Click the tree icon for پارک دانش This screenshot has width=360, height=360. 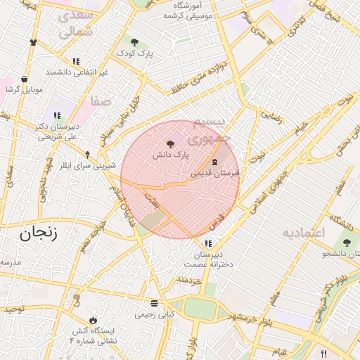(170, 143)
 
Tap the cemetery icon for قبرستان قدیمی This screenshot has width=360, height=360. (214, 162)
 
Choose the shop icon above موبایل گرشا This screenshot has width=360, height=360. (25, 79)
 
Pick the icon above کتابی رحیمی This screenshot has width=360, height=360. (155, 304)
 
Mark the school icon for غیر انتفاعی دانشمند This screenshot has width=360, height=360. (76, 61)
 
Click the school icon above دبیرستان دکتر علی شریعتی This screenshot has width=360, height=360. (57, 116)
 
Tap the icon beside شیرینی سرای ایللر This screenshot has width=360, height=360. (87, 155)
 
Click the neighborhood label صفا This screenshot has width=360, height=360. (101, 101)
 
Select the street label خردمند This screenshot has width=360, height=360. (189, 281)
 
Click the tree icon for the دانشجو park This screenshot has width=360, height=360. (346, 241)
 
